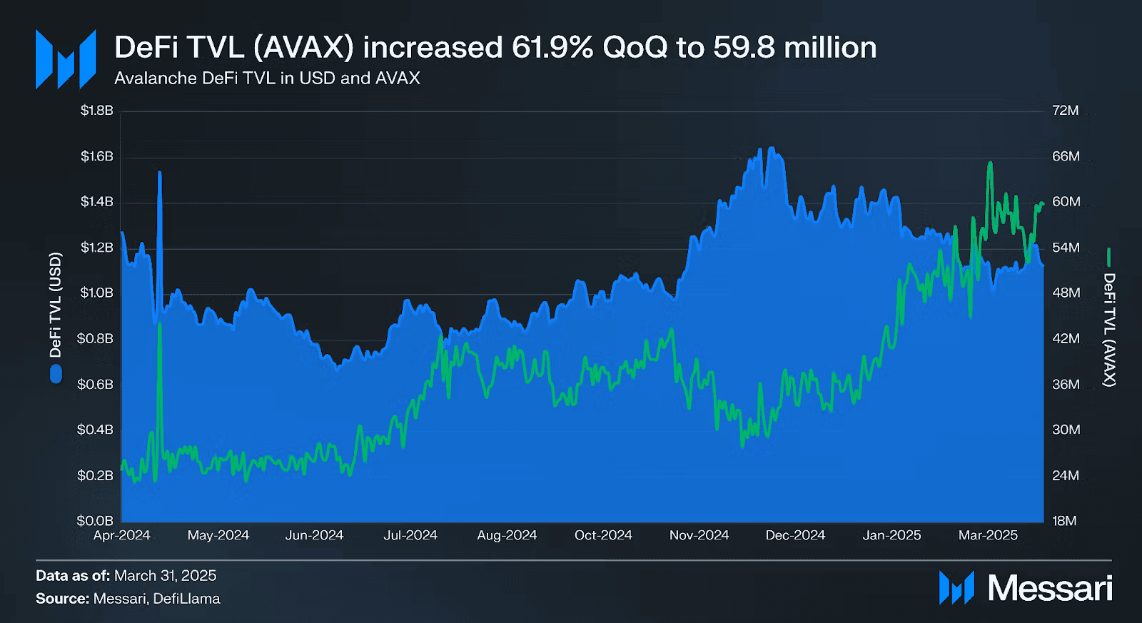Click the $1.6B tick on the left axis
[x=96, y=156]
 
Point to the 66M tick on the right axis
[x=1066, y=156]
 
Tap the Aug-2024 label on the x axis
[x=507, y=535]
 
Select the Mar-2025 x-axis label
[x=988, y=535]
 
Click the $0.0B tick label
[x=95, y=521]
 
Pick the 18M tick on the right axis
[x=1064, y=521]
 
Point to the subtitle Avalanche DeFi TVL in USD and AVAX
[x=267, y=78]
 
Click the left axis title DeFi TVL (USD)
[x=56, y=305]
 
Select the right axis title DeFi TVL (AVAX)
[x=1108, y=330]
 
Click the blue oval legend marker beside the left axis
[x=56, y=374]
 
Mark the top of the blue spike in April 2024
[x=159, y=173]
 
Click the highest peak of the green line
[x=990, y=163]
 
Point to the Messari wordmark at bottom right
[x=1049, y=589]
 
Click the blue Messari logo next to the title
[x=66, y=59]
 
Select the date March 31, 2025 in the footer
[x=165, y=576]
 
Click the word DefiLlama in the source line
[x=186, y=599]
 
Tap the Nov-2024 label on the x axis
[x=699, y=535]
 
